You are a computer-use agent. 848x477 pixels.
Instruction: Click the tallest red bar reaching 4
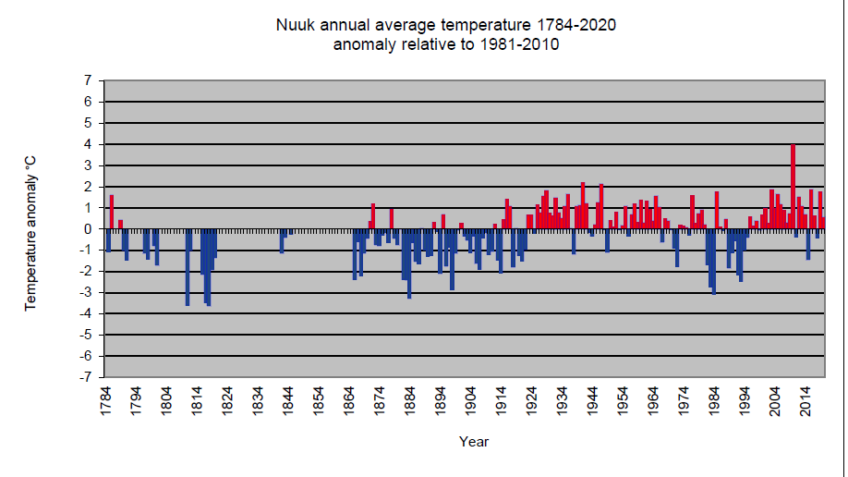click(793, 187)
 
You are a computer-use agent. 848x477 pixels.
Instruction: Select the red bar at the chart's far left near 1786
click(112, 212)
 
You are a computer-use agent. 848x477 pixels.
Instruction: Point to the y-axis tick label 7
click(88, 80)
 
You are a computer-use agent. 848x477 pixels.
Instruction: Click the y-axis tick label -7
click(86, 377)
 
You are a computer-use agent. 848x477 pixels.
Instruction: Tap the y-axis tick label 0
click(88, 229)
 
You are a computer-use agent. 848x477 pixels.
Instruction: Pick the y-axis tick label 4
click(88, 144)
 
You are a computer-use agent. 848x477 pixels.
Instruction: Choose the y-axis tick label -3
click(86, 292)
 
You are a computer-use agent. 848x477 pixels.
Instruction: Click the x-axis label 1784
click(105, 401)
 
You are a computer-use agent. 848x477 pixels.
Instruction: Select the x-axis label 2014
click(806, 401)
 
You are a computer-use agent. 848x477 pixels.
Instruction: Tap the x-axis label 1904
click(470, 401)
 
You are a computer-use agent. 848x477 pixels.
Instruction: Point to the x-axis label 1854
click(319, 401)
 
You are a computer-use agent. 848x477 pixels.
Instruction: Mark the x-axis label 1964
click(653, 401)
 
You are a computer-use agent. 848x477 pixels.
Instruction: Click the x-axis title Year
click(474, 442)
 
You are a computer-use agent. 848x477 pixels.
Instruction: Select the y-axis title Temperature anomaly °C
click(30, 233)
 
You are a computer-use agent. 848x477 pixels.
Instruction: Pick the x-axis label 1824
click(227, 401)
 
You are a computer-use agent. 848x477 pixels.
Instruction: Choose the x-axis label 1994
click(745, 401)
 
